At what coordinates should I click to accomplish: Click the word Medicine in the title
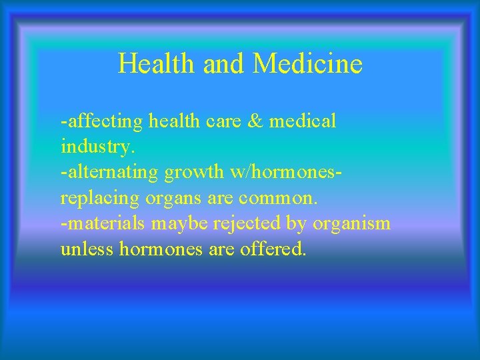(x=308, y=64)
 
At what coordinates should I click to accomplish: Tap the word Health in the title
(x=151, y=64)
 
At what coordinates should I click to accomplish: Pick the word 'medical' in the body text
(x=303, y=122)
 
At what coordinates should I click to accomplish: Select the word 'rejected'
(x=247, y=224)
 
